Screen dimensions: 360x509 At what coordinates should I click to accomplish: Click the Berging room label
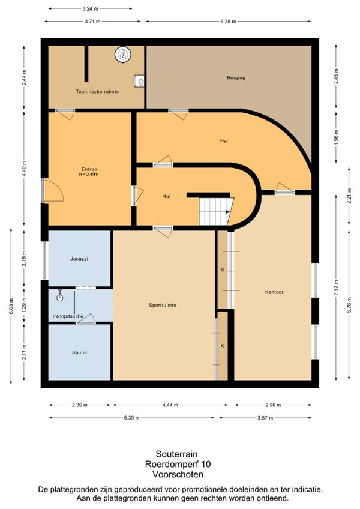pyautogui.click(x=236, y=78)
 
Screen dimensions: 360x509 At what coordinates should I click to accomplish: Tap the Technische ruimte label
pyautogui.click(x=97, y=92)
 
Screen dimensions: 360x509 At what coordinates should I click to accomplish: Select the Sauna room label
pyautogui.click(x=79, y=352)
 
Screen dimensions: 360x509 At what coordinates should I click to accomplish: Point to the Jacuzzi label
pyautogui.click(x=79, y=259)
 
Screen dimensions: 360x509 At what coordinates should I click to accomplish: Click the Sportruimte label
pyautogui.click(x=163, y=305)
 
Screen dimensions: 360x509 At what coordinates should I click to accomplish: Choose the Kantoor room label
pyautogui.click(x=274, y=292)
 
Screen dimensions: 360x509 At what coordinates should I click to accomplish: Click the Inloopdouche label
pyautogui.click(x=68, y=316)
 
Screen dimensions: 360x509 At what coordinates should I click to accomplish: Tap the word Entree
pyautogui.click(x=89, y=169)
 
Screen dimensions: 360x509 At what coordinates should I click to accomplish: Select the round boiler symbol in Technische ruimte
pyautogui.click(x=123, y=55)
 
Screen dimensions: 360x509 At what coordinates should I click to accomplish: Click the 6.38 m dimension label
pyautogui.click(x=228, y=22)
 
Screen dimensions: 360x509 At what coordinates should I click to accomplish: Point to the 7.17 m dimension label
pyautogui.click(x=337, y=288)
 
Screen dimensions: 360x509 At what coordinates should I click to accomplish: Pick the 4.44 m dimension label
pyautogui.click(x=170, y=405)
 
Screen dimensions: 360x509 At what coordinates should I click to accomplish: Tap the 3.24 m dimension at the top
pyautogui.click(x=90, y=9)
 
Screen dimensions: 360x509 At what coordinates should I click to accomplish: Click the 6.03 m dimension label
pyautogui.click(x=11, y=306)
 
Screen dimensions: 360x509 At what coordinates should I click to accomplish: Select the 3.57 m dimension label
pyautogui.click(x=265, y=418)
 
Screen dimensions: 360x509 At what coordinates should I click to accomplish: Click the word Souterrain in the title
pyautogui.click(x=176, y=454)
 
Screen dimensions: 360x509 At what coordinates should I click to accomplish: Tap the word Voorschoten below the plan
pyautogui.click(x=178, y=474)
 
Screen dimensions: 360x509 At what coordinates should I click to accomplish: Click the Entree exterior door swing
pyautogui.click(x=53, y=190)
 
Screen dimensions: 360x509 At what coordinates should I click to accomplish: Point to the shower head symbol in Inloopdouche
pyautogui.click(x=59, y=296)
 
